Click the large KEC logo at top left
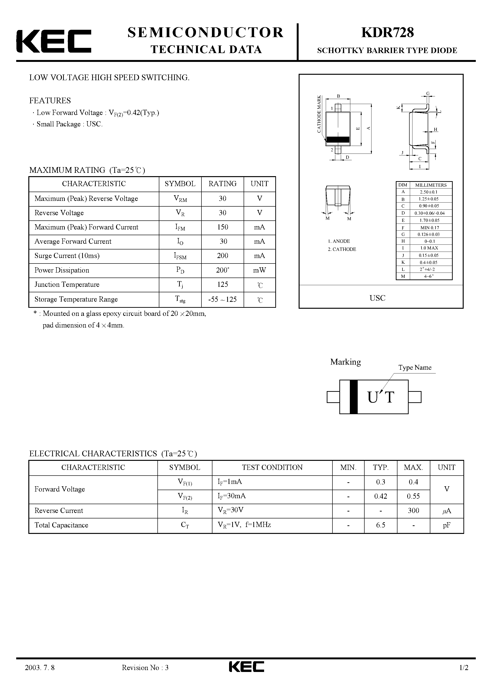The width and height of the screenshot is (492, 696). [54, 41]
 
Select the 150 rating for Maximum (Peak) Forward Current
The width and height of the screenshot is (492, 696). [223, 227]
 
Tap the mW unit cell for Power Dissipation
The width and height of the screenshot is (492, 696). [259, 270]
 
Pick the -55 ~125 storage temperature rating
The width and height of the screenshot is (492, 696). [222, 299]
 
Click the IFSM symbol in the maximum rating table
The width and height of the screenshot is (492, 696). [180, 256]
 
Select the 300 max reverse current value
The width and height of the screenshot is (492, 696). [413, 511]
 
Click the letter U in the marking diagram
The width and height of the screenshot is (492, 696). [372, 397]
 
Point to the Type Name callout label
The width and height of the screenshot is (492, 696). [415, 368]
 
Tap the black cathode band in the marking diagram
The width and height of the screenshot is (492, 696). [353, 397]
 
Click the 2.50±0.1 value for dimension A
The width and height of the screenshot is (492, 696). [429, 192]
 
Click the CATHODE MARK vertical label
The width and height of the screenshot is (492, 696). [319, 114]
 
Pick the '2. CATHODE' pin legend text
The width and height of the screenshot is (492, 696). [342, 249]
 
